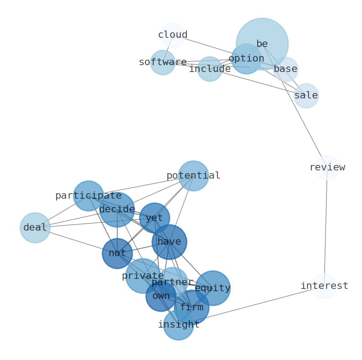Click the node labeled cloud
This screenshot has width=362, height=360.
click(173, 35)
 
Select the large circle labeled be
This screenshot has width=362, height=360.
click(269, 36)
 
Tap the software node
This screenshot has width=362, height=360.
click(163, 62)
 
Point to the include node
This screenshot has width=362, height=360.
click(210, 69)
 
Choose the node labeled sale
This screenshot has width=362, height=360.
click(306, 96)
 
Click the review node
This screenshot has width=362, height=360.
click(327, 168)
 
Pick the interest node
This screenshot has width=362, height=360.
click(324, 286)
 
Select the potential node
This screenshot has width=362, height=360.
click(193, 176)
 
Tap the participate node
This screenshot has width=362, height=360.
click(88, 196)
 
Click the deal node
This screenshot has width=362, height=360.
click(35, 228)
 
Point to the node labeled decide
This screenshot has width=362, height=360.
click(117, 210)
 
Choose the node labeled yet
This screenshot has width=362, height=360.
click(155, 218)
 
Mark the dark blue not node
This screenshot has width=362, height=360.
click(117, 253)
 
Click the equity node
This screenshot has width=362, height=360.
click(212, 288)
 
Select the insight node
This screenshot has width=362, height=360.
click(179, 325)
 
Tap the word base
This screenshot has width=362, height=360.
click(285, 69)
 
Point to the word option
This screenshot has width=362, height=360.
click(246, 59)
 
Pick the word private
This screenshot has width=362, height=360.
click(143, 276)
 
